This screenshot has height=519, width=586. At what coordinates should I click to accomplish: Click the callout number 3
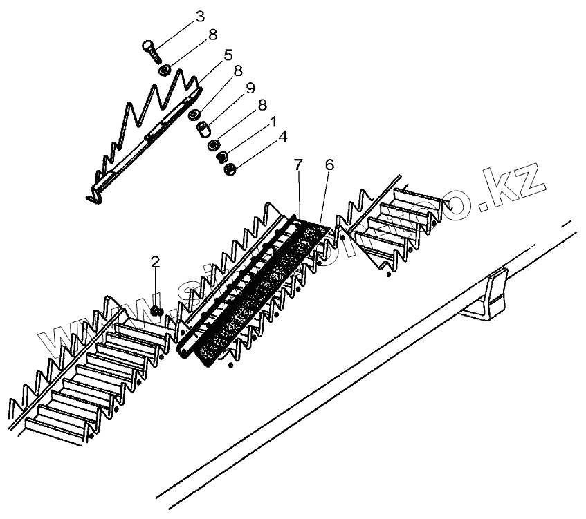pos(181,15)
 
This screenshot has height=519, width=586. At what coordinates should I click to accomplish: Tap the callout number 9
pos(250,88)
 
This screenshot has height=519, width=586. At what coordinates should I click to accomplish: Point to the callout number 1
pos(273,121)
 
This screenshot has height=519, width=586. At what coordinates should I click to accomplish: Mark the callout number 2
pos(155,261)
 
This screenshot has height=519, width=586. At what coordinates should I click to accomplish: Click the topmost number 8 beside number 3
pos(212,33)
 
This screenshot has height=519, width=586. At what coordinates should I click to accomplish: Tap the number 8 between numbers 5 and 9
pos(237,70)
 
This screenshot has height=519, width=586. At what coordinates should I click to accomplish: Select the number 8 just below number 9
pos(262,104)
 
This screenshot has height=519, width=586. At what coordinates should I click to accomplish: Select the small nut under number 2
pos(156,312)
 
